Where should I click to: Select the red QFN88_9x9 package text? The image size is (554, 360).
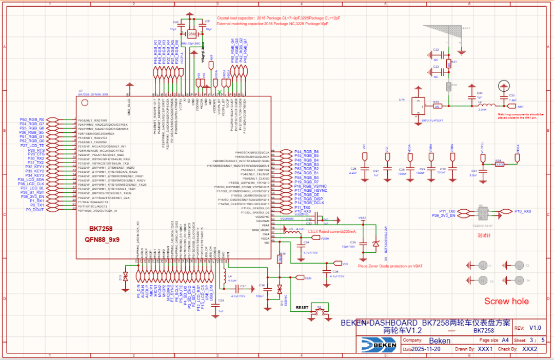point(103,239)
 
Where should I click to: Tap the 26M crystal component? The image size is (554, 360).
point(191,34)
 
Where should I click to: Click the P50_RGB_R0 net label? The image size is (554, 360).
point(32,119)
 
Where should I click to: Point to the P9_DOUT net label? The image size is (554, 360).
point(35,210)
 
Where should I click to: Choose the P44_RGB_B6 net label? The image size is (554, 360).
point(306,152)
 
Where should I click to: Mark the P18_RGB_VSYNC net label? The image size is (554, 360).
point(310,186)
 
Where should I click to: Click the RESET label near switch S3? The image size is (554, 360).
point(302,307)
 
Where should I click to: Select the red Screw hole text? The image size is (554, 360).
point(506,302)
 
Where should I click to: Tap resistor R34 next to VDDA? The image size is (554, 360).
point(499,164)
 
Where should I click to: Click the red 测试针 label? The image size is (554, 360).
point(484,236)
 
